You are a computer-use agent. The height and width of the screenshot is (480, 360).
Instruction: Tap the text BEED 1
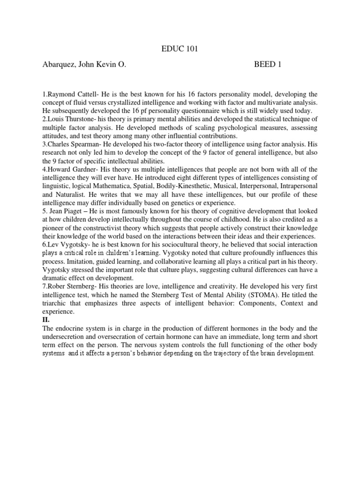(268, 64)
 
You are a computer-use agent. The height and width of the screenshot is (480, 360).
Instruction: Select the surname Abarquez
(60, 64)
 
